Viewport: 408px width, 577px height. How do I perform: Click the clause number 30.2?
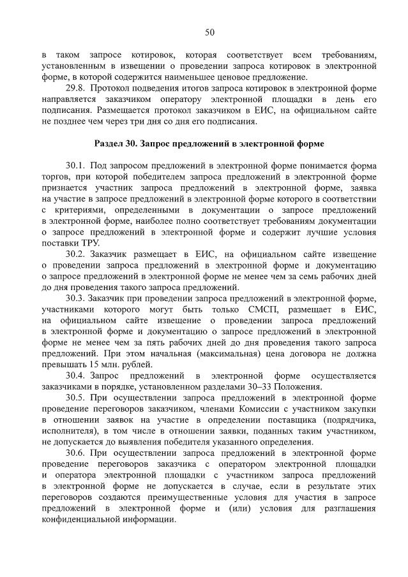pyautogui.click(x=75, y=254)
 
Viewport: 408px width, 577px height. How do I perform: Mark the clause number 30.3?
pyautogui.click(x=75, y=298)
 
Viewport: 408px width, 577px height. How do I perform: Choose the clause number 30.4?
pyautogui.click(x=75, y=376)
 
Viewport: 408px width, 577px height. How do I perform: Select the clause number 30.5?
pyautogui.click(x=75, y=398)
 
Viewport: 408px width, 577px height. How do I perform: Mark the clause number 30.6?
pyautogui.click(x=75, y=453)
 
